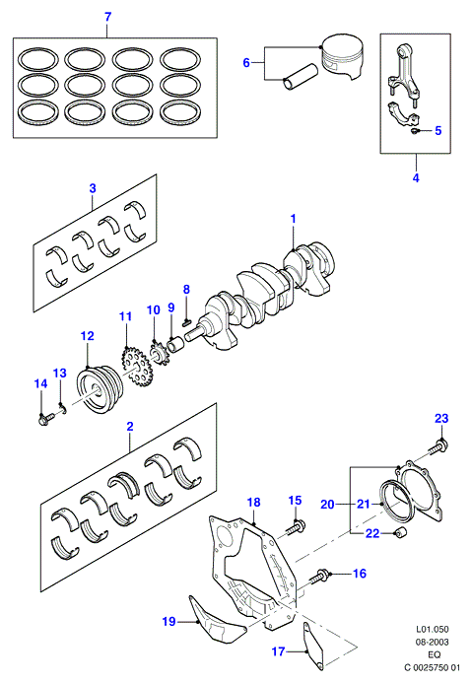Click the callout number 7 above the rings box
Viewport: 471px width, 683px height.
108,17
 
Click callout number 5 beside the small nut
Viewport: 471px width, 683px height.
437,130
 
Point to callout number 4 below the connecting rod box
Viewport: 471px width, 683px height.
416,177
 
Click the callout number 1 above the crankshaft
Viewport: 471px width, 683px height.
293,219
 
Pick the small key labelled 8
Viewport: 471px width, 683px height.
186,322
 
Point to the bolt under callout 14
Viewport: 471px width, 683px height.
45,420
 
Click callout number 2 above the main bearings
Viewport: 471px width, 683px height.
130,427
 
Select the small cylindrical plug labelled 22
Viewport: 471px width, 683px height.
400,532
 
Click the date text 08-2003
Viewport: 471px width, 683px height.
433,642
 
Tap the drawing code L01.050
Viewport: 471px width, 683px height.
433,629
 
